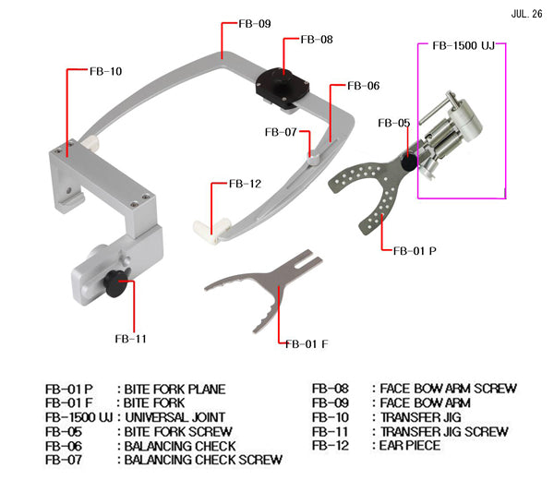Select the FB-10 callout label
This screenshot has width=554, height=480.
click(x=103, y=69)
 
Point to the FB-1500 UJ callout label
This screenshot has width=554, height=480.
click(x=464, y=45)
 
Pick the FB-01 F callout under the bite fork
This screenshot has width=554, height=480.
click(x=307, y=344)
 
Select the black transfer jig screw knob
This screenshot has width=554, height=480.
click(x=114, y=287)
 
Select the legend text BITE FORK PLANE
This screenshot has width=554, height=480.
click(x=175, y=390)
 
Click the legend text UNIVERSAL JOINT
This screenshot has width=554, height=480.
click(x=174, y=417)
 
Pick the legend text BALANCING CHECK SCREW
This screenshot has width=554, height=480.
click(x=202, y=459)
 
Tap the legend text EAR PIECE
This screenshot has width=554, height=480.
click(x=411, y=445)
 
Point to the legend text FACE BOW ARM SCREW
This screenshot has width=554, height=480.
click(x=448, y=390)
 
